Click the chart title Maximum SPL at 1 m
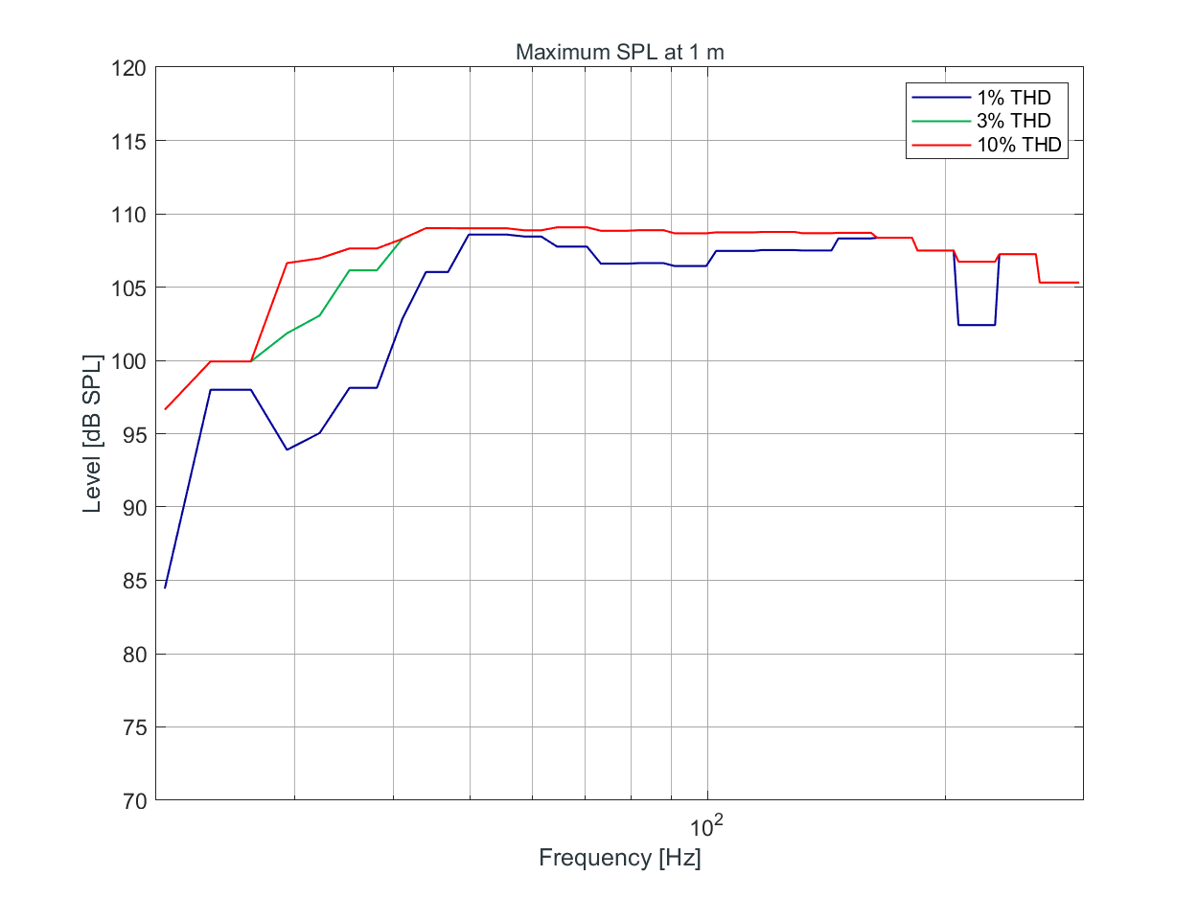pyautogui.click(x=619, y=53)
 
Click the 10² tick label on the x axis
pyautogui.click(x=707, y=825)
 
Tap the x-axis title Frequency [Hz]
pyautogui.click(x=619, y=858)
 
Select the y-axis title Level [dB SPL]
pyautogui.click(x=92, y=434)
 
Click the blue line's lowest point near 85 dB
pyautogui.click(x=165, y=588)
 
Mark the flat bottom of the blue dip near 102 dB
pyautogui.click(x=976, y=325)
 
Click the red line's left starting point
pyautogui.click(x=165, y=409)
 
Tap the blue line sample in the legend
pyautogui.click(x=940, y=97)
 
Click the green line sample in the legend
pyautogui.click(x=940, y=121)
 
